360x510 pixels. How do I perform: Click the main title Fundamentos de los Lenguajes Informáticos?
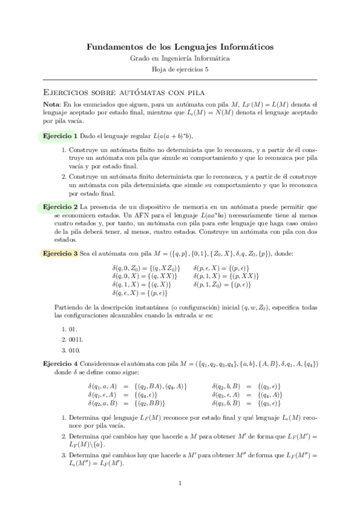tap(180, 46)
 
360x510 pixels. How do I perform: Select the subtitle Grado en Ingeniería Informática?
tap(180, 58)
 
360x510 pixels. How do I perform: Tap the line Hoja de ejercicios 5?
tap(180, 69)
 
